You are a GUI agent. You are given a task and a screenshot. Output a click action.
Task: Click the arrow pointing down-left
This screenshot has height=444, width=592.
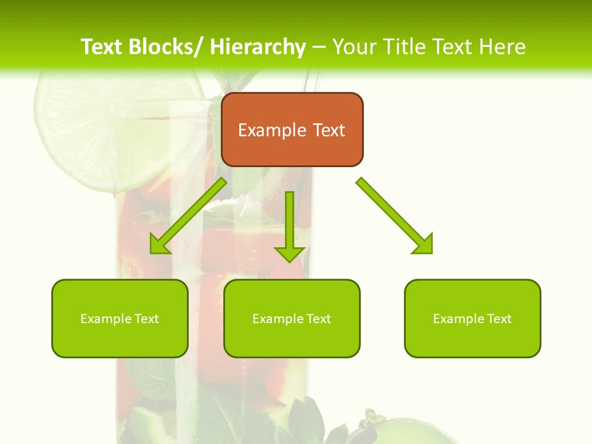point(187,216)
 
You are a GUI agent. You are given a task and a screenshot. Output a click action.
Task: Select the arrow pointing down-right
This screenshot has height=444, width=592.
point(395,216)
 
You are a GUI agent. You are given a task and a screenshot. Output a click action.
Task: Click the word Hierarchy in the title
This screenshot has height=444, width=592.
point(257,47)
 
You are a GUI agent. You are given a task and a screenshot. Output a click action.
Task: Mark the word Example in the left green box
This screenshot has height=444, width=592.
point(105,319)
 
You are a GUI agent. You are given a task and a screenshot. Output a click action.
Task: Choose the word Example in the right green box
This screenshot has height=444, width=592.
point(458,319)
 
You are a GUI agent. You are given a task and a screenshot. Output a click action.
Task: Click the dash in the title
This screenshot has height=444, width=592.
point(319,47)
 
